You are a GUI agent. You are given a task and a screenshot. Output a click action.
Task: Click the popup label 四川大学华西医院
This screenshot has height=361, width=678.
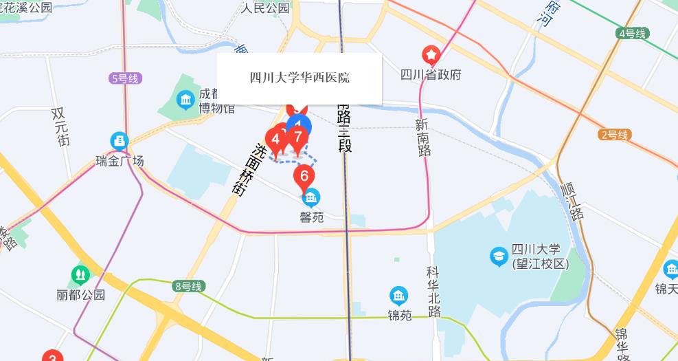pyautogui.click(x=300, y=78)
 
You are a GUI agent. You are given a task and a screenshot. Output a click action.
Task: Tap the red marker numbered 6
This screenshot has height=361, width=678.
pyautogui.click(x=304, y=176)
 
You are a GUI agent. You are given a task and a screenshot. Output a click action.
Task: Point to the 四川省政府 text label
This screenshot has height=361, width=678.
pyautogui.click(x=431, y=74)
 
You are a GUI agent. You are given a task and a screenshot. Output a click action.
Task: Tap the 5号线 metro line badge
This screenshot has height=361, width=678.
pyautogui.click(x=125, y=78)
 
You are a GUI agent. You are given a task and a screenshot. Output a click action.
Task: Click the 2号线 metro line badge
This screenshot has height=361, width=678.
pyautogui.click(x=613, y=135)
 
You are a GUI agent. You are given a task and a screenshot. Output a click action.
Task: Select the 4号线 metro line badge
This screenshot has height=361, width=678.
pyautogui.click(x=632, y=33)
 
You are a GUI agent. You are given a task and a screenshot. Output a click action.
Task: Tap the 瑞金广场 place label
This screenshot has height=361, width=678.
pyautogui.click(x=120, y=162)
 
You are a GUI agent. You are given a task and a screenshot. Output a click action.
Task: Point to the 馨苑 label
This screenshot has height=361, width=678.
pyautogui.click(x=311, y=217)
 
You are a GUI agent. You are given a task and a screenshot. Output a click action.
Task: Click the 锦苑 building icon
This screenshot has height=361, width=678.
pyautogui.click(x=398, y=296)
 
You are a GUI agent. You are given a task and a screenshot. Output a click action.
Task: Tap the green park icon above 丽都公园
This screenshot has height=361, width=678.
pyautogui.click(x=80, y=276)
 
